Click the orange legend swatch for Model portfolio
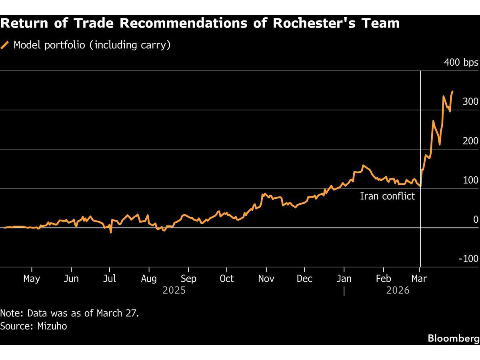pyautogui.click(x=5, y=45)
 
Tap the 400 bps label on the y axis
pyautogui.click(x=461, y=63)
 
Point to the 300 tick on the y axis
pyautogui.click(x=470, y=102)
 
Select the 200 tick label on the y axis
pyautogui.click(x=470, y=141)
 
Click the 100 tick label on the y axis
pyautogui.click(x=470, y=180)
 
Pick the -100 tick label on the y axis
pyautogui.click(x=468, y=259)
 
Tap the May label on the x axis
pyautogui.click(x=32, y=278)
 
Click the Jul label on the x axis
pyautogui.click(x=110, y=278)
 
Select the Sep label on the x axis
pyautogui.click(x=188, y=278)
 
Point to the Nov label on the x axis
pyautogui.click(x=266, y=278)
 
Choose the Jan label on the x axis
pyautogui.click(x=344, y=278)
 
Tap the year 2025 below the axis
pyautogui.click(x=174, y=290)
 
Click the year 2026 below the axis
pyautogui.click(x=398, y=290)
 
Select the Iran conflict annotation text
pyautogui.click(x=387, y=196)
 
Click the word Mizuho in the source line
pyautogui.click(x=52, y=326)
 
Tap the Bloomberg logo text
pyautogui.click(x=453, y=338)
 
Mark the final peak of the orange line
pyautogui.click(x=452, y=92)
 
